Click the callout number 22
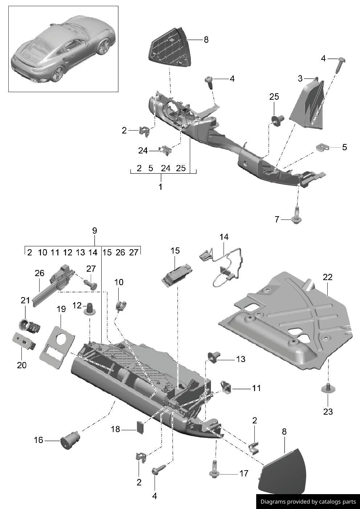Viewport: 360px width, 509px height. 327,277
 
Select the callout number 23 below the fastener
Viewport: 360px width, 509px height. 328,412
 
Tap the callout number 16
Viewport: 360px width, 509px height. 38,440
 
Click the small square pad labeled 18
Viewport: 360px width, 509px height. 140,427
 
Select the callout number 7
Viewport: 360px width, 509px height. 277,219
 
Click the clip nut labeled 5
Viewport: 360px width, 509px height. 322,147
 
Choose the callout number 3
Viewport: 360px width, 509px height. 300,78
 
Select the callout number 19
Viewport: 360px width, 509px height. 61,309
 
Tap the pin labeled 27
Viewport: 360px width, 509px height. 90,284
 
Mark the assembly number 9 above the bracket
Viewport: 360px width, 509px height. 95,231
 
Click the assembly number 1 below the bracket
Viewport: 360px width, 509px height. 160,187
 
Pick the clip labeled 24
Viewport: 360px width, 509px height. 165,150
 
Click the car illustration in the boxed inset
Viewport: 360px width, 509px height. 63,49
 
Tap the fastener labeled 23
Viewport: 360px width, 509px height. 328,389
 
